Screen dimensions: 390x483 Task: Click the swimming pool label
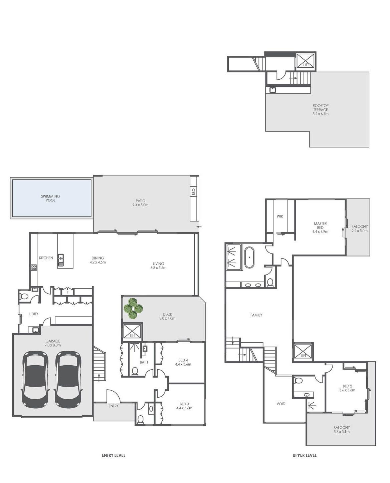pos(50,198)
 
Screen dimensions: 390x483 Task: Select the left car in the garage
pos(35,379)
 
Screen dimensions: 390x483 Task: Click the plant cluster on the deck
pos(133,309)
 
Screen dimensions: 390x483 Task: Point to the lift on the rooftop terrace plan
pos(306,60)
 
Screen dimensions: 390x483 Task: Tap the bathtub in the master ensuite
pos(249,258)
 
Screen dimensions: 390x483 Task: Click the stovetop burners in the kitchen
pos(34,268)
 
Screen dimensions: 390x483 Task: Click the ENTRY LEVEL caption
pos(114,455)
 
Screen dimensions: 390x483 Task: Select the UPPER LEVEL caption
pos(305,455)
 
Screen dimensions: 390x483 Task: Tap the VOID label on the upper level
pos(281,404)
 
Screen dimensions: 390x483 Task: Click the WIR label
pos(280,216)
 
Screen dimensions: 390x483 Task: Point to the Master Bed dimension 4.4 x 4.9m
pos(320,231)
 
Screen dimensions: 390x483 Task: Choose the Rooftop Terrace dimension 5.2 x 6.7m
pos(321,114)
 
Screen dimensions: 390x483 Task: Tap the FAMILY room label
pos(256,315)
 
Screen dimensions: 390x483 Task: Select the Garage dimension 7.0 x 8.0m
pos(53,345)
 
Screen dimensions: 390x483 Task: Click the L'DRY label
pos(34,314)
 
